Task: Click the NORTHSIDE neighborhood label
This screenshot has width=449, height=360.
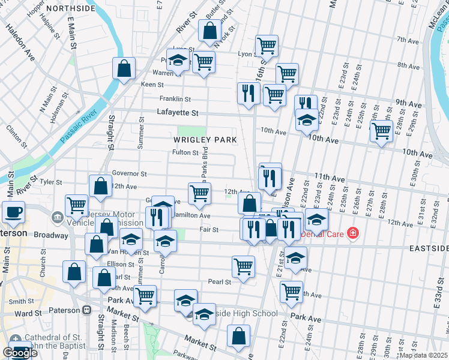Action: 70,8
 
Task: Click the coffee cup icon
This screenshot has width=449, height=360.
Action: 13,212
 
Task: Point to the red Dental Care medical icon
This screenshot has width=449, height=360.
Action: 353,233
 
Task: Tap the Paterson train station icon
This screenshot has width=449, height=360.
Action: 86,310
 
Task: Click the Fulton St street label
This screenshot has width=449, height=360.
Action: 185,152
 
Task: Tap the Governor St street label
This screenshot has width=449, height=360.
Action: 129,174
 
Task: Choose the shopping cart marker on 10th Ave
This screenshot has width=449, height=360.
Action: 381,131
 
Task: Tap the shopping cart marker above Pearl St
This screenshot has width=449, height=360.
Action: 243,266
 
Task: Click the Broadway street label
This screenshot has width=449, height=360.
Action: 46,235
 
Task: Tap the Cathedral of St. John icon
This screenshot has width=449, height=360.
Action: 16,340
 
